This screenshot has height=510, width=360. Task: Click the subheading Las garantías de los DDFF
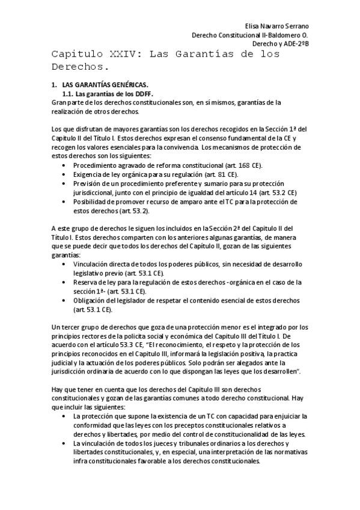(x=111, y=94)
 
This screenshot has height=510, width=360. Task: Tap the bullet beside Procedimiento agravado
(x=65, y=165)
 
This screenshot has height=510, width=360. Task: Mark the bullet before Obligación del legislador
(x=65, y=300)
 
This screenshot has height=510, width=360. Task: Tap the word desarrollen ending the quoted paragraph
(x=279, y=372)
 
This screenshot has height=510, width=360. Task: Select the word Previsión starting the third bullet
(x=88, y=183)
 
